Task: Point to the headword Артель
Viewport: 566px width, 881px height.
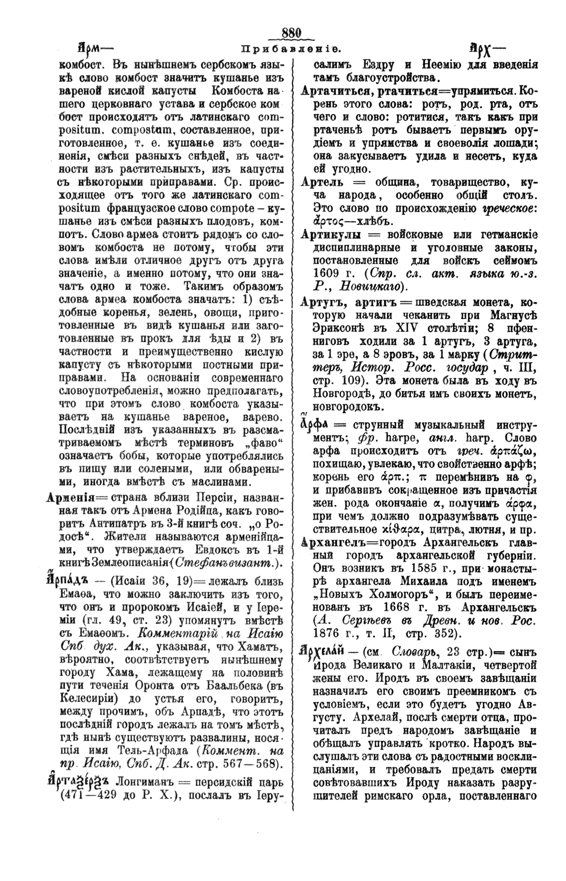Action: click(x=319, y=182)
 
